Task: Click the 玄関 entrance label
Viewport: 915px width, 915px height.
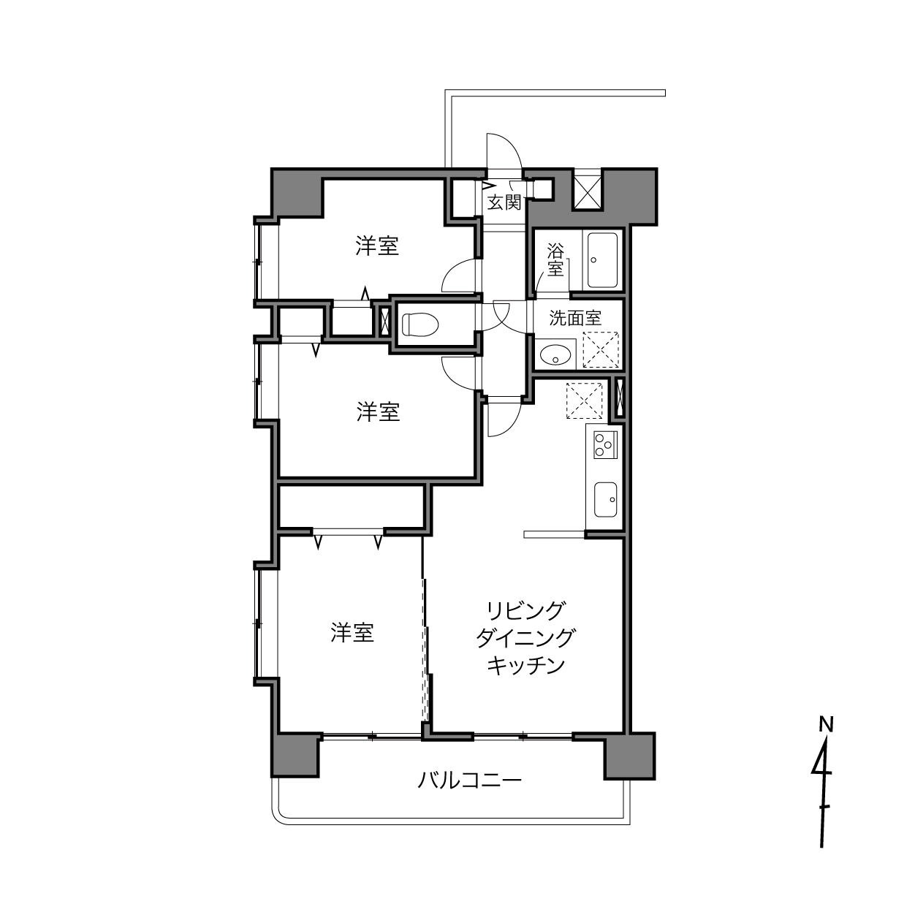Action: coord(504,202)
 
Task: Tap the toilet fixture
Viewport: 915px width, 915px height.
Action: coord(420,324)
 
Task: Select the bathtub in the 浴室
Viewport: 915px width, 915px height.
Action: coord(602,260)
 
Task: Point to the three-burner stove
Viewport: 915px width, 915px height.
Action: coord(605,444)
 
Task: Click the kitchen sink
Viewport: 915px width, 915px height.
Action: coord(605,500)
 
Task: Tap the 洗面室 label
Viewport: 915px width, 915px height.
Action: coord(575,318)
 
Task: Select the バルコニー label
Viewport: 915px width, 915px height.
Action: coord(470,780)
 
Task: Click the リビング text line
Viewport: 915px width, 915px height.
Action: coord(526,611)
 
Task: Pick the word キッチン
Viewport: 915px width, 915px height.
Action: coord(526,665)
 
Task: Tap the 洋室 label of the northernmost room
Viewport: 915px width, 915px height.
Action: coord(377,246)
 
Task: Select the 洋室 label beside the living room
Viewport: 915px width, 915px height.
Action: coord(352,633)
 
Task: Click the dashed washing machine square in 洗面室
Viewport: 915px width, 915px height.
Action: coord(601,350)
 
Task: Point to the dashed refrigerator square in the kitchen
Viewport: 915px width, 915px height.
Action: coord(584,401)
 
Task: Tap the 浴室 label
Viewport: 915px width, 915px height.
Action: coord(555,260)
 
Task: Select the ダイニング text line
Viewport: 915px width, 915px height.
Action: coord(526,638)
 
